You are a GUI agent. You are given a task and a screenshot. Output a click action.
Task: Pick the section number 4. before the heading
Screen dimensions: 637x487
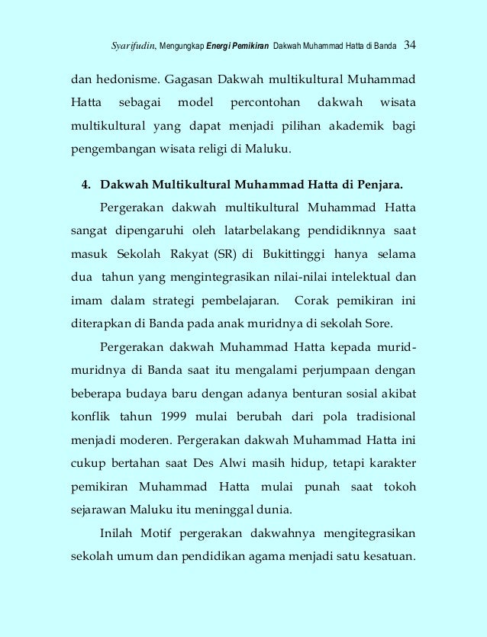[x=86, y=184]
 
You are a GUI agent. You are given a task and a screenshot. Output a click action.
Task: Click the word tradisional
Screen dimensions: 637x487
[x=379, y=417]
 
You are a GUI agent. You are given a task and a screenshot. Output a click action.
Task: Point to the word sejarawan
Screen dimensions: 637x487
[x=101, y=509]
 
